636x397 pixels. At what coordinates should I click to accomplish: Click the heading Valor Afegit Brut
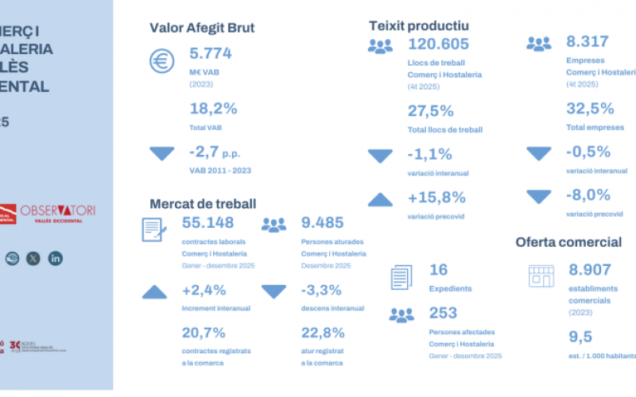point(202,29)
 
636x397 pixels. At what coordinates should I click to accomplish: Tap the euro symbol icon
point(162,61)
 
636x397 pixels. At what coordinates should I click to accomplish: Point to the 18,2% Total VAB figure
point(213,109)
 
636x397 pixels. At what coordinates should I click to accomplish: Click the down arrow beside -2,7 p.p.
point(162,153)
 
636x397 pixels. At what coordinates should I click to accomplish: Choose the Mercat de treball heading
point(203,204)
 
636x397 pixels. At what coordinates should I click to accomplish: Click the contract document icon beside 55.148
point(153,229)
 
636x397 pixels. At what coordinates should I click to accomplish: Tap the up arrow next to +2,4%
point(154,292)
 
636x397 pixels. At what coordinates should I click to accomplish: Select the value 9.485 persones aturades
point(323,222)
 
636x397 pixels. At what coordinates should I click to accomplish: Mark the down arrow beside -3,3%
point(273,292)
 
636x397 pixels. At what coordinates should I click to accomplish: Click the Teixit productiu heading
point(418,26)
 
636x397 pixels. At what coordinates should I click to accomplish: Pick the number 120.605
point(438,44)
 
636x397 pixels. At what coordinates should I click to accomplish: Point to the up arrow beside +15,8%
point(380,199)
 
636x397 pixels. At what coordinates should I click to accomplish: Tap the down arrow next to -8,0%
point(539,195)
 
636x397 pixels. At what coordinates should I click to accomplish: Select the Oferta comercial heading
point(568,241)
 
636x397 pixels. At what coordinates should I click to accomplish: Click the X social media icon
point(33,258)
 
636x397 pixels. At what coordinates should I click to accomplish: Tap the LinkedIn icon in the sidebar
point(56,258)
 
